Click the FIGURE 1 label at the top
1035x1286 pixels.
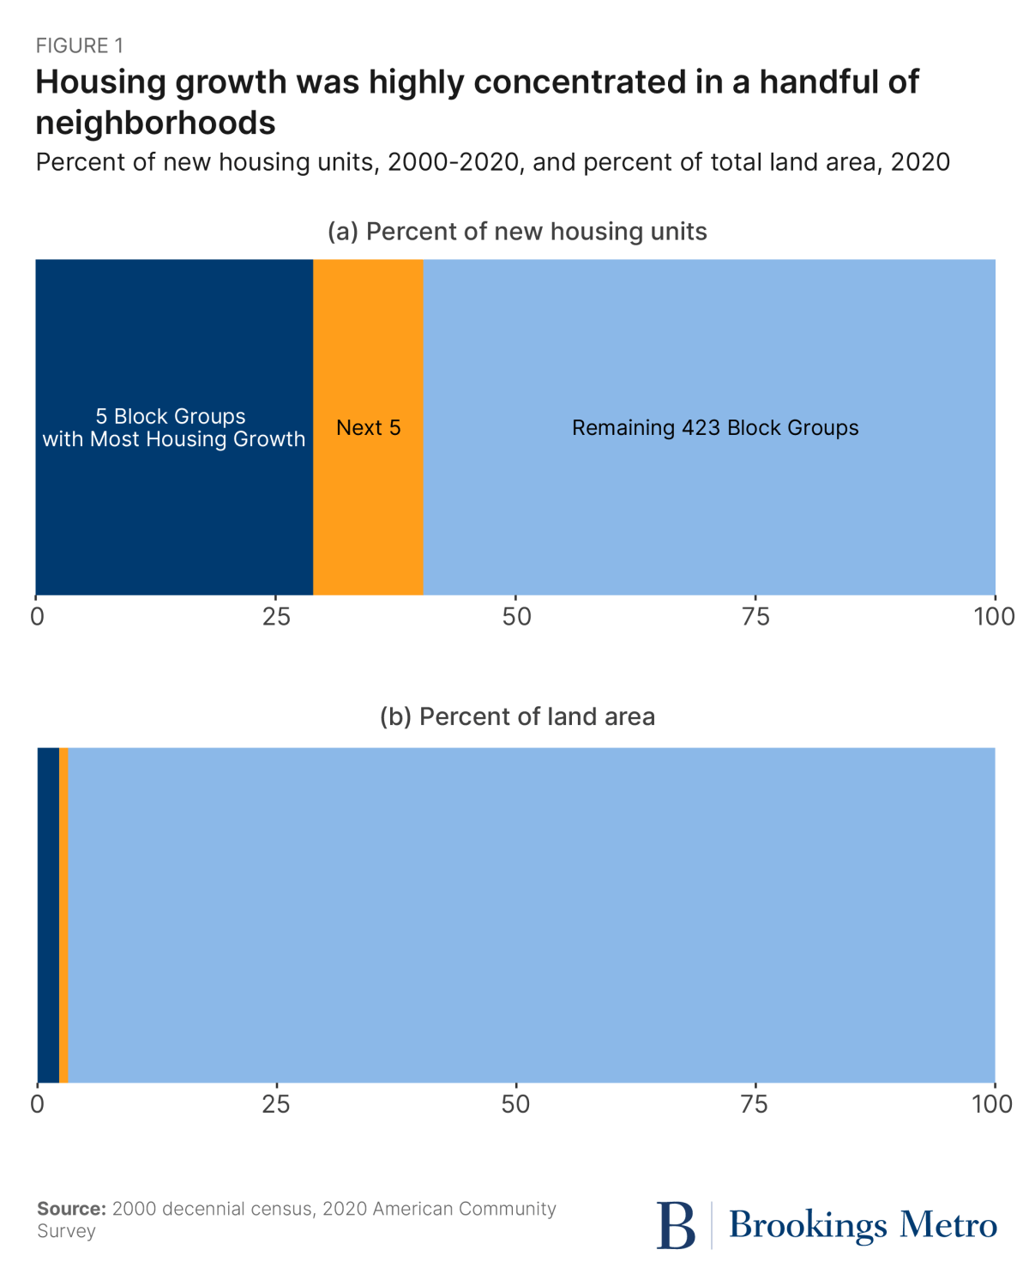(80, 45)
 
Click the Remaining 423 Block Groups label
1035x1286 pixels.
(715, 428)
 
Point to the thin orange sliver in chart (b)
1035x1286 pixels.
(64, 915)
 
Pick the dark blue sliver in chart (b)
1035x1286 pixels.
(48, 915)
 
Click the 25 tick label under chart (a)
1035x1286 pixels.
(276, 617)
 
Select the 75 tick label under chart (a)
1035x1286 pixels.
(755, 617)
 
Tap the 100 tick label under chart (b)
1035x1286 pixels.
(993, 1104)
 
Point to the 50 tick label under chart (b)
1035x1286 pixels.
(515, 1104)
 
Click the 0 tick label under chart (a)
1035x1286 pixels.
(37, 617)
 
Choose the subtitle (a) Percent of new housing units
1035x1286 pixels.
(517, 232)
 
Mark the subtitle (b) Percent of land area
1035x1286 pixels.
(517, 717)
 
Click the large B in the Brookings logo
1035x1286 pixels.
(676, 1225)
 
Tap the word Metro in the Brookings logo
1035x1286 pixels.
(948, 1225)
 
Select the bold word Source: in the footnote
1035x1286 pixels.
(71, 1209)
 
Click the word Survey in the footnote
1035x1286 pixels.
(66, 1231)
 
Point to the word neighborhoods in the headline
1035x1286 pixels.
(155, 124)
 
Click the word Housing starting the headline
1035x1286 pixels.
(100, 82)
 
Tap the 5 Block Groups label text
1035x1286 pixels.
(171, 416)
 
